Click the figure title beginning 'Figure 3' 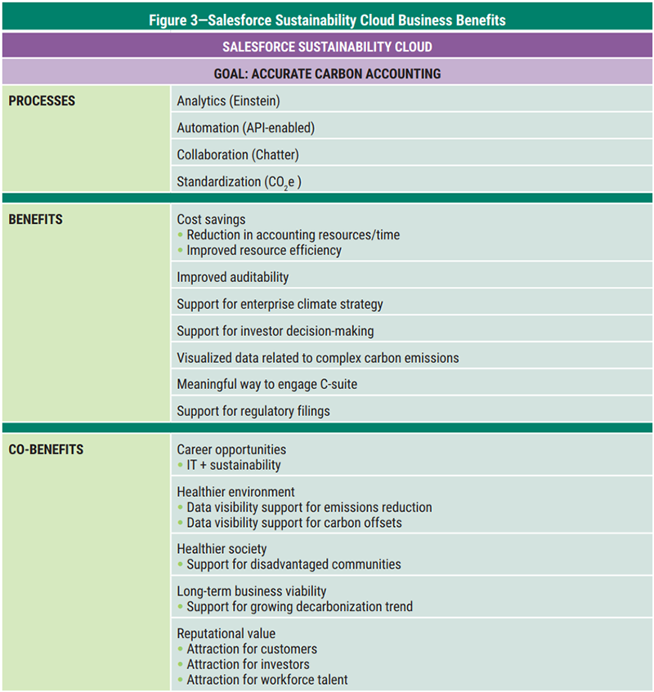[x=327, y=20]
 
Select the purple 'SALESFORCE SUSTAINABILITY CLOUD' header [x=327, y=47]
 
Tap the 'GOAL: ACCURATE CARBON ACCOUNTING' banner [x=327, y=74]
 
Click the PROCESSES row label [x=42, y=101]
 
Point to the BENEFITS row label [x=35, y=220]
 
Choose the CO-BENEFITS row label [x=46, y=449]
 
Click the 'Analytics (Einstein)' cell [x=228, y=101]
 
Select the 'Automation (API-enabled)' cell [x=245, y=128]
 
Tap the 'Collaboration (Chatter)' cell [x=238, y=154]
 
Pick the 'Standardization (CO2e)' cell [x=239, y=182]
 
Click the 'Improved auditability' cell [x=233, y=277]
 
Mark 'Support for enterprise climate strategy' [x=280, y=304]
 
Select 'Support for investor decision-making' [x=275, y=331]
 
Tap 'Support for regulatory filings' [x=253, y=411]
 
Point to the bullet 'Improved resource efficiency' [x=264, y=250]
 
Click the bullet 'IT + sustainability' [x=233, y=465]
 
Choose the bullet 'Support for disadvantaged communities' [x=293, y=564]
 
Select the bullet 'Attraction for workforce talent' [x=267, y=680]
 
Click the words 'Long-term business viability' [x=252, y=591]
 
